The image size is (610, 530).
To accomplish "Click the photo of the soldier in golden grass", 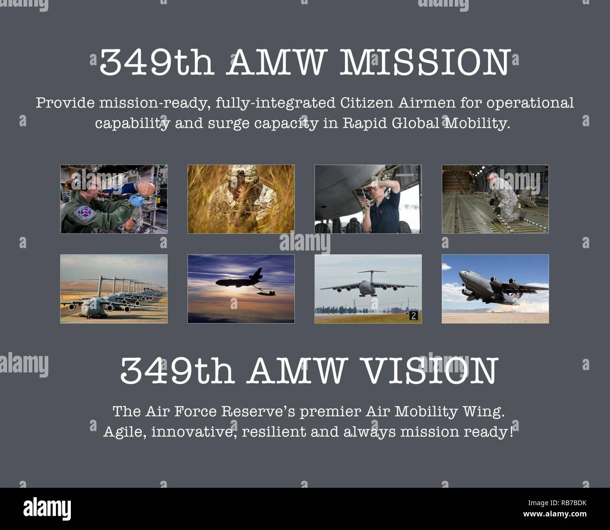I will pyautogui.click(x=241, y=199).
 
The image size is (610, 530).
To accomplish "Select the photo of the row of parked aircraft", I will pyautogui.click(x=114, y=288).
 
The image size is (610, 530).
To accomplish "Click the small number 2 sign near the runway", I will pyautogui.click(x=413, y=316).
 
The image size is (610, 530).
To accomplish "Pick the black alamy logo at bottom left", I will pyautogui.click(x=47, y=508).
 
